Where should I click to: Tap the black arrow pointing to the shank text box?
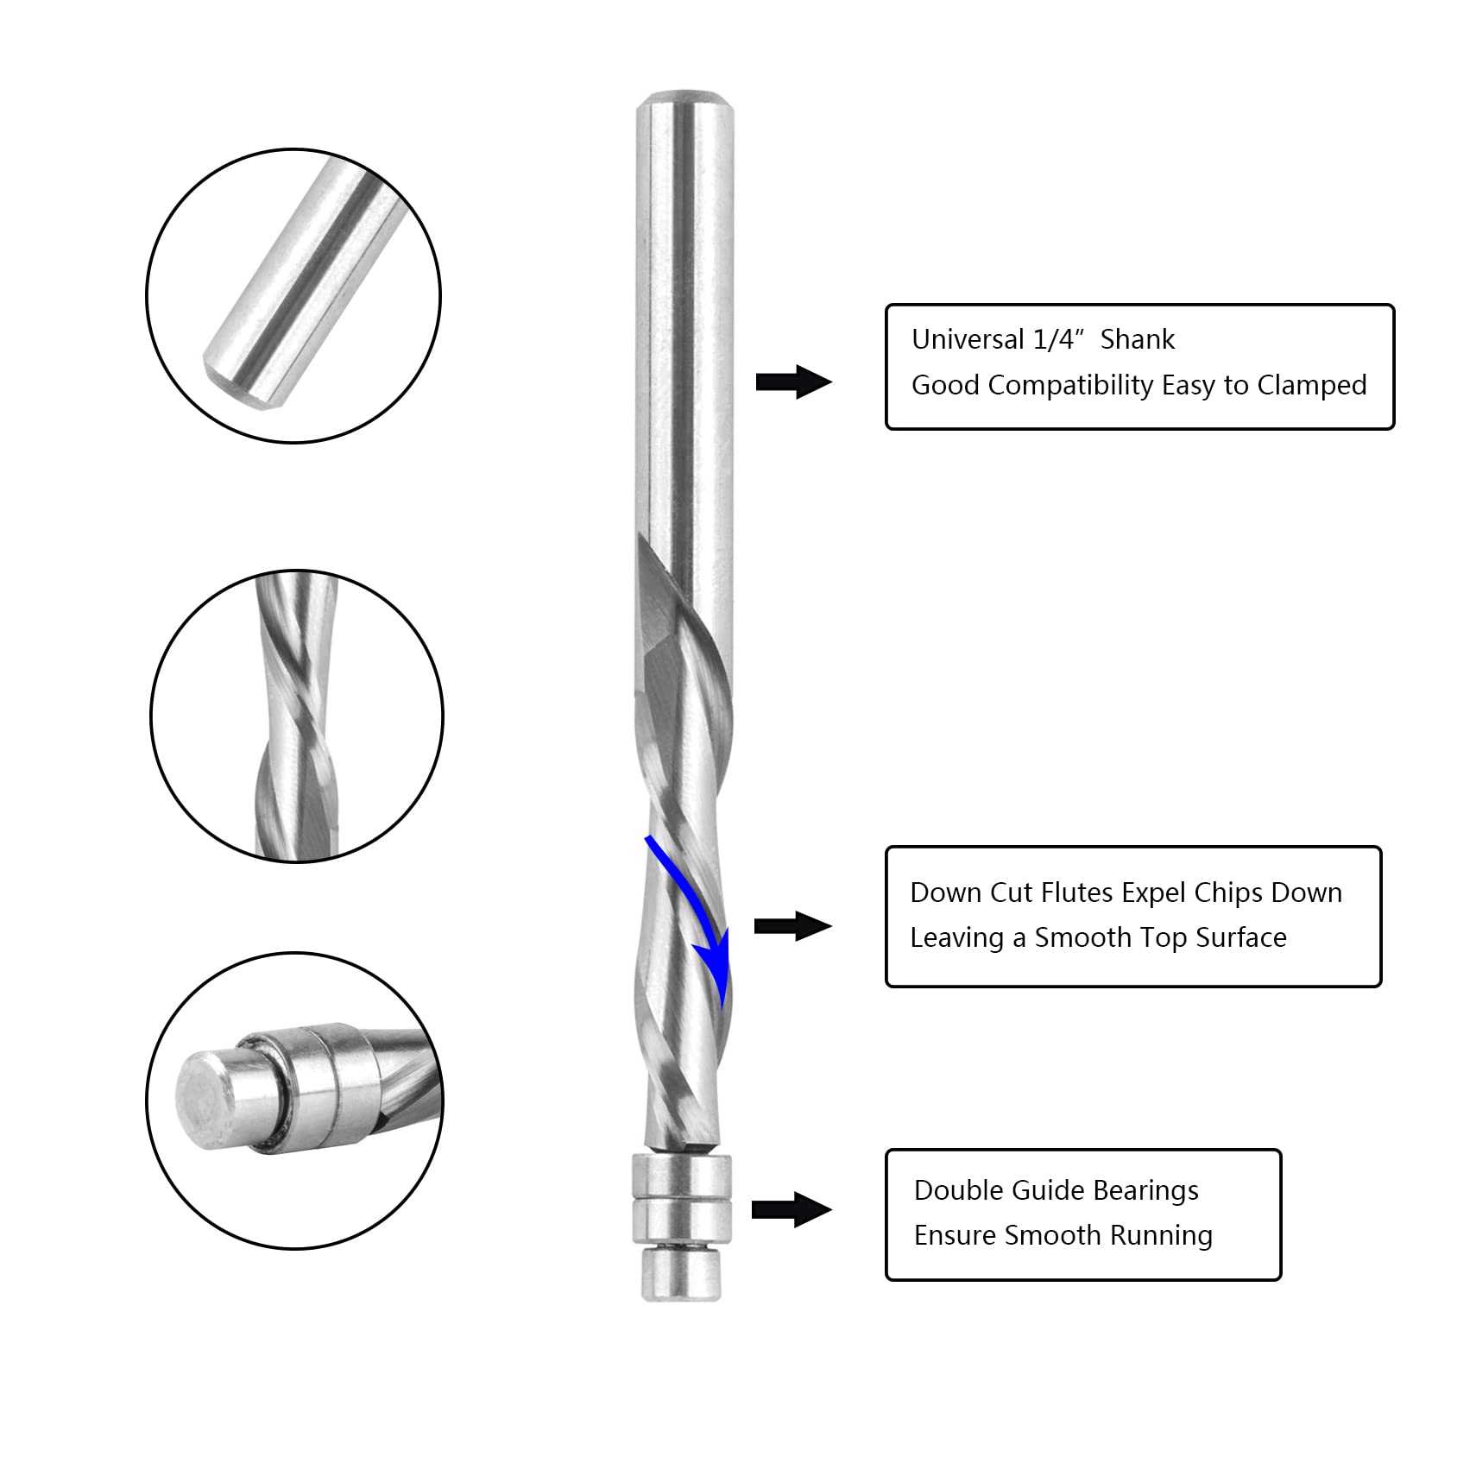coord(793,382)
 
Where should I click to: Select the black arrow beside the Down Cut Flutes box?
coord(792,926)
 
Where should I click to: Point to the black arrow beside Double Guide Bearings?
coord(792,1209)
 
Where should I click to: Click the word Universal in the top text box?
coord(968,339)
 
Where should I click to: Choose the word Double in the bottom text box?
coord(956,1190)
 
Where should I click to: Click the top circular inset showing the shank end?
coord(293,296)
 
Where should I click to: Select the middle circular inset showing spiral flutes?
coord(297,716)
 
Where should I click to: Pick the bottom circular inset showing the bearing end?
coord(294,1101)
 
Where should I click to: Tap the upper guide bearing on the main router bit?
coord(681,1175)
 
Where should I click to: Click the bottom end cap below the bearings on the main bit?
coord(682,1276)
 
